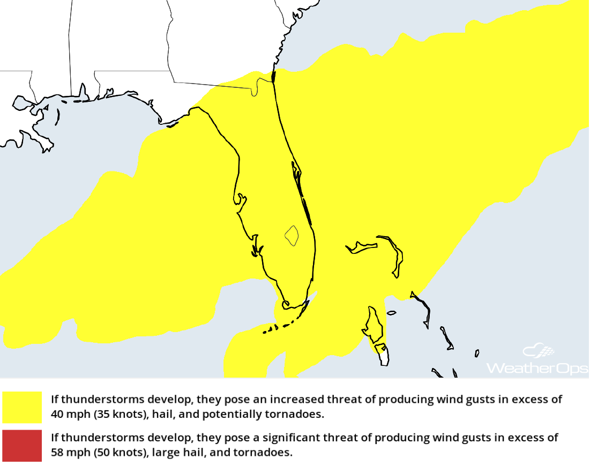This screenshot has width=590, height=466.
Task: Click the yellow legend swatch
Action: coord(22,407)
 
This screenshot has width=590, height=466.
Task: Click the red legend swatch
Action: coord(22,445)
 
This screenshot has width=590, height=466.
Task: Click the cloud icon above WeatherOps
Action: coord(539,351)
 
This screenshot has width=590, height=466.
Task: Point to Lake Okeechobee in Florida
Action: coord(292,235)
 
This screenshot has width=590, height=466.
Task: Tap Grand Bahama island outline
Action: coord(362,247)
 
